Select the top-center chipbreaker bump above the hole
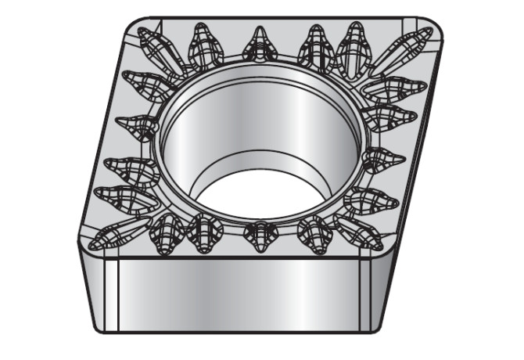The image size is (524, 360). click(x=260, y=46)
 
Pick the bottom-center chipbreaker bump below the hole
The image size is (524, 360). click(x=259, y=234)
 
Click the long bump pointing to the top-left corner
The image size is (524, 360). click(x=160, y=47)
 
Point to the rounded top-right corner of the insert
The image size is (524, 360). click(x=438, y=27)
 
